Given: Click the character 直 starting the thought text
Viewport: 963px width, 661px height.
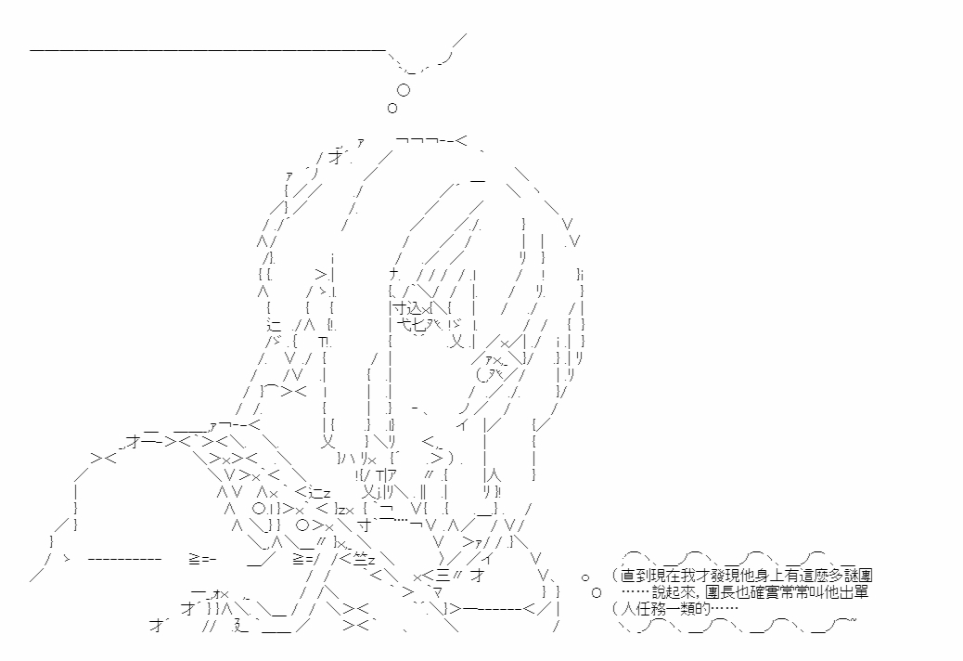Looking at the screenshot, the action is [628, 577].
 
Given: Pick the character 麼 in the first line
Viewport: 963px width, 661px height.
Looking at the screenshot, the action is [824, 577].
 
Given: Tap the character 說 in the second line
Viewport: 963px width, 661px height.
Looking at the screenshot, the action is [659, 592].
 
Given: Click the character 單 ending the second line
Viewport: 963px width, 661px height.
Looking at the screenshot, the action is [862, 592].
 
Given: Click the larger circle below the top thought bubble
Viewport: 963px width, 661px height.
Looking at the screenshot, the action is [403, 90].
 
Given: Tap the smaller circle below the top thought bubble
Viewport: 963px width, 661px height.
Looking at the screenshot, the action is [392, 109].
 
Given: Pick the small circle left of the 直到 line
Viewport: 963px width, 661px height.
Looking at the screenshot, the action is [585, 577].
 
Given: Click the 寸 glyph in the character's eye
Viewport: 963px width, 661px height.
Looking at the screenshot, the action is [399, 307].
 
